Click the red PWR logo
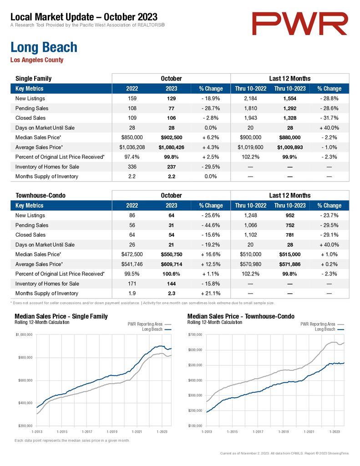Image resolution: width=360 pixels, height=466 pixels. coord(299,24)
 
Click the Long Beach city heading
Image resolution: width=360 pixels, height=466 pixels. coord(44,47)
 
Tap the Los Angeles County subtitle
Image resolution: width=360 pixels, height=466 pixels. coord(37,60)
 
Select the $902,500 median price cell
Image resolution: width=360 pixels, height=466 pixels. coord(172,137)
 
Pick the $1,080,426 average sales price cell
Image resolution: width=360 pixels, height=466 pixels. coord(172,147)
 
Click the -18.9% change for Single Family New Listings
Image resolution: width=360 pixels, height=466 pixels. coord(210,98)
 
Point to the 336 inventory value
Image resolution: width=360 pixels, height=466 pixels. coord(132,167)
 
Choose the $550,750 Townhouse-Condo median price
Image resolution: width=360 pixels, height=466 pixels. coord(172,254)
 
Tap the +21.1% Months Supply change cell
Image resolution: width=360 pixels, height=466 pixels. coord(210,294)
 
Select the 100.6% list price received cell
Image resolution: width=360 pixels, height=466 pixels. coord(171,274)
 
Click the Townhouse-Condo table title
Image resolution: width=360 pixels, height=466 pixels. coord(41,196)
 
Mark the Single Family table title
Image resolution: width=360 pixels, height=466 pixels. coord(33,79)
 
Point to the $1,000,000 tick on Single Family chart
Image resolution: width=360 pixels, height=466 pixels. coord(24,334)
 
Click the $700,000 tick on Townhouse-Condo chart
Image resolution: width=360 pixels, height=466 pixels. coord(195,334)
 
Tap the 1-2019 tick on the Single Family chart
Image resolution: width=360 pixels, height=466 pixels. coord(112,431)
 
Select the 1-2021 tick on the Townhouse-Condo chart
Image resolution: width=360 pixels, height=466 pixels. coord(309,431)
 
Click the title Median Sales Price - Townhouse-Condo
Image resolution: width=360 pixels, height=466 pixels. coord(241,317)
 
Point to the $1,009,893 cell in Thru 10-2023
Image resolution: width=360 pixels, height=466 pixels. coord(290,147)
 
